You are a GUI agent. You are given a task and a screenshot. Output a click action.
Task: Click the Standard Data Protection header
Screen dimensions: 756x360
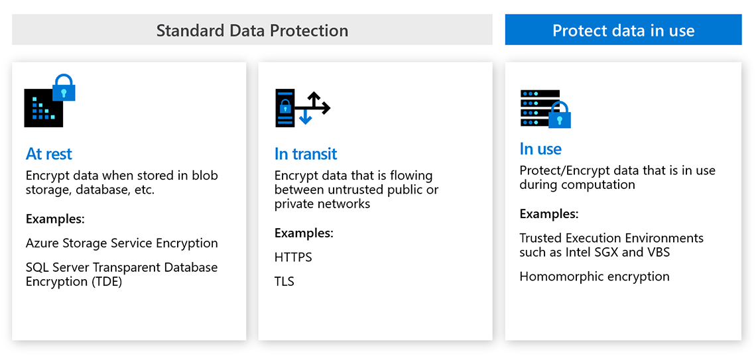pos(252,30)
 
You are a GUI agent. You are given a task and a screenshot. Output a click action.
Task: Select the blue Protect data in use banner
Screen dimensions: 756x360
pos(623,30)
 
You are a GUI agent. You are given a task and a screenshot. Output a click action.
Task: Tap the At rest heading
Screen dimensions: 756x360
pos(48,154)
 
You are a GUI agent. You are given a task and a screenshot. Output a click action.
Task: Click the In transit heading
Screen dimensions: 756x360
pos(306,154)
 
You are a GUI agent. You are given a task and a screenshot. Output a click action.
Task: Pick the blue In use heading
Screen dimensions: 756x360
pos(540,149)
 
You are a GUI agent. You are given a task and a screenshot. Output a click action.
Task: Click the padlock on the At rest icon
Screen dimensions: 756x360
pos(64,88)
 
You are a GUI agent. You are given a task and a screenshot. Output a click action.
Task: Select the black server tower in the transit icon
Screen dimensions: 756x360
pos(284,108)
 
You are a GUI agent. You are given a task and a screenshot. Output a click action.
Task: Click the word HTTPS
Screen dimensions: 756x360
pos(293,257)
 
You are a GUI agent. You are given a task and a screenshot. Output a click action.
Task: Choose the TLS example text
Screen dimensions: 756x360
pos(284,282)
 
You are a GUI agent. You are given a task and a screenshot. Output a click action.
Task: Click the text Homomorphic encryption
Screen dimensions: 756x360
pos(594,276)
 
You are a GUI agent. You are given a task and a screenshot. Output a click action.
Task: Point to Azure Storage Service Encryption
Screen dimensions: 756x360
pos(122,243)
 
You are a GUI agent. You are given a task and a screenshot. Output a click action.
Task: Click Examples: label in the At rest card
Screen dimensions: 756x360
pos(56,219)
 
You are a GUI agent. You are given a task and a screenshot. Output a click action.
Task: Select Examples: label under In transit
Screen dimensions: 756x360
pos(304,234)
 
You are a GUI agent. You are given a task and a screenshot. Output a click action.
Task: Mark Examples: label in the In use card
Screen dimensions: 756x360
pos(549,214)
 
